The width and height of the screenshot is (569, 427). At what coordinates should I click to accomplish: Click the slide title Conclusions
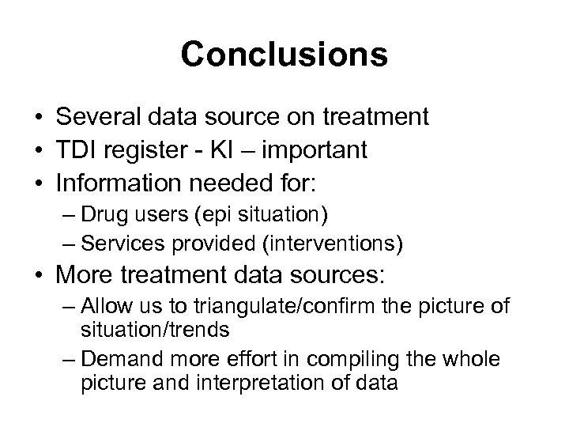pyautogui.click(x=284, y=55)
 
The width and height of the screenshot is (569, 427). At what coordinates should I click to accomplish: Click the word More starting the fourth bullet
pyautogui.click(x=86, y=277)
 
